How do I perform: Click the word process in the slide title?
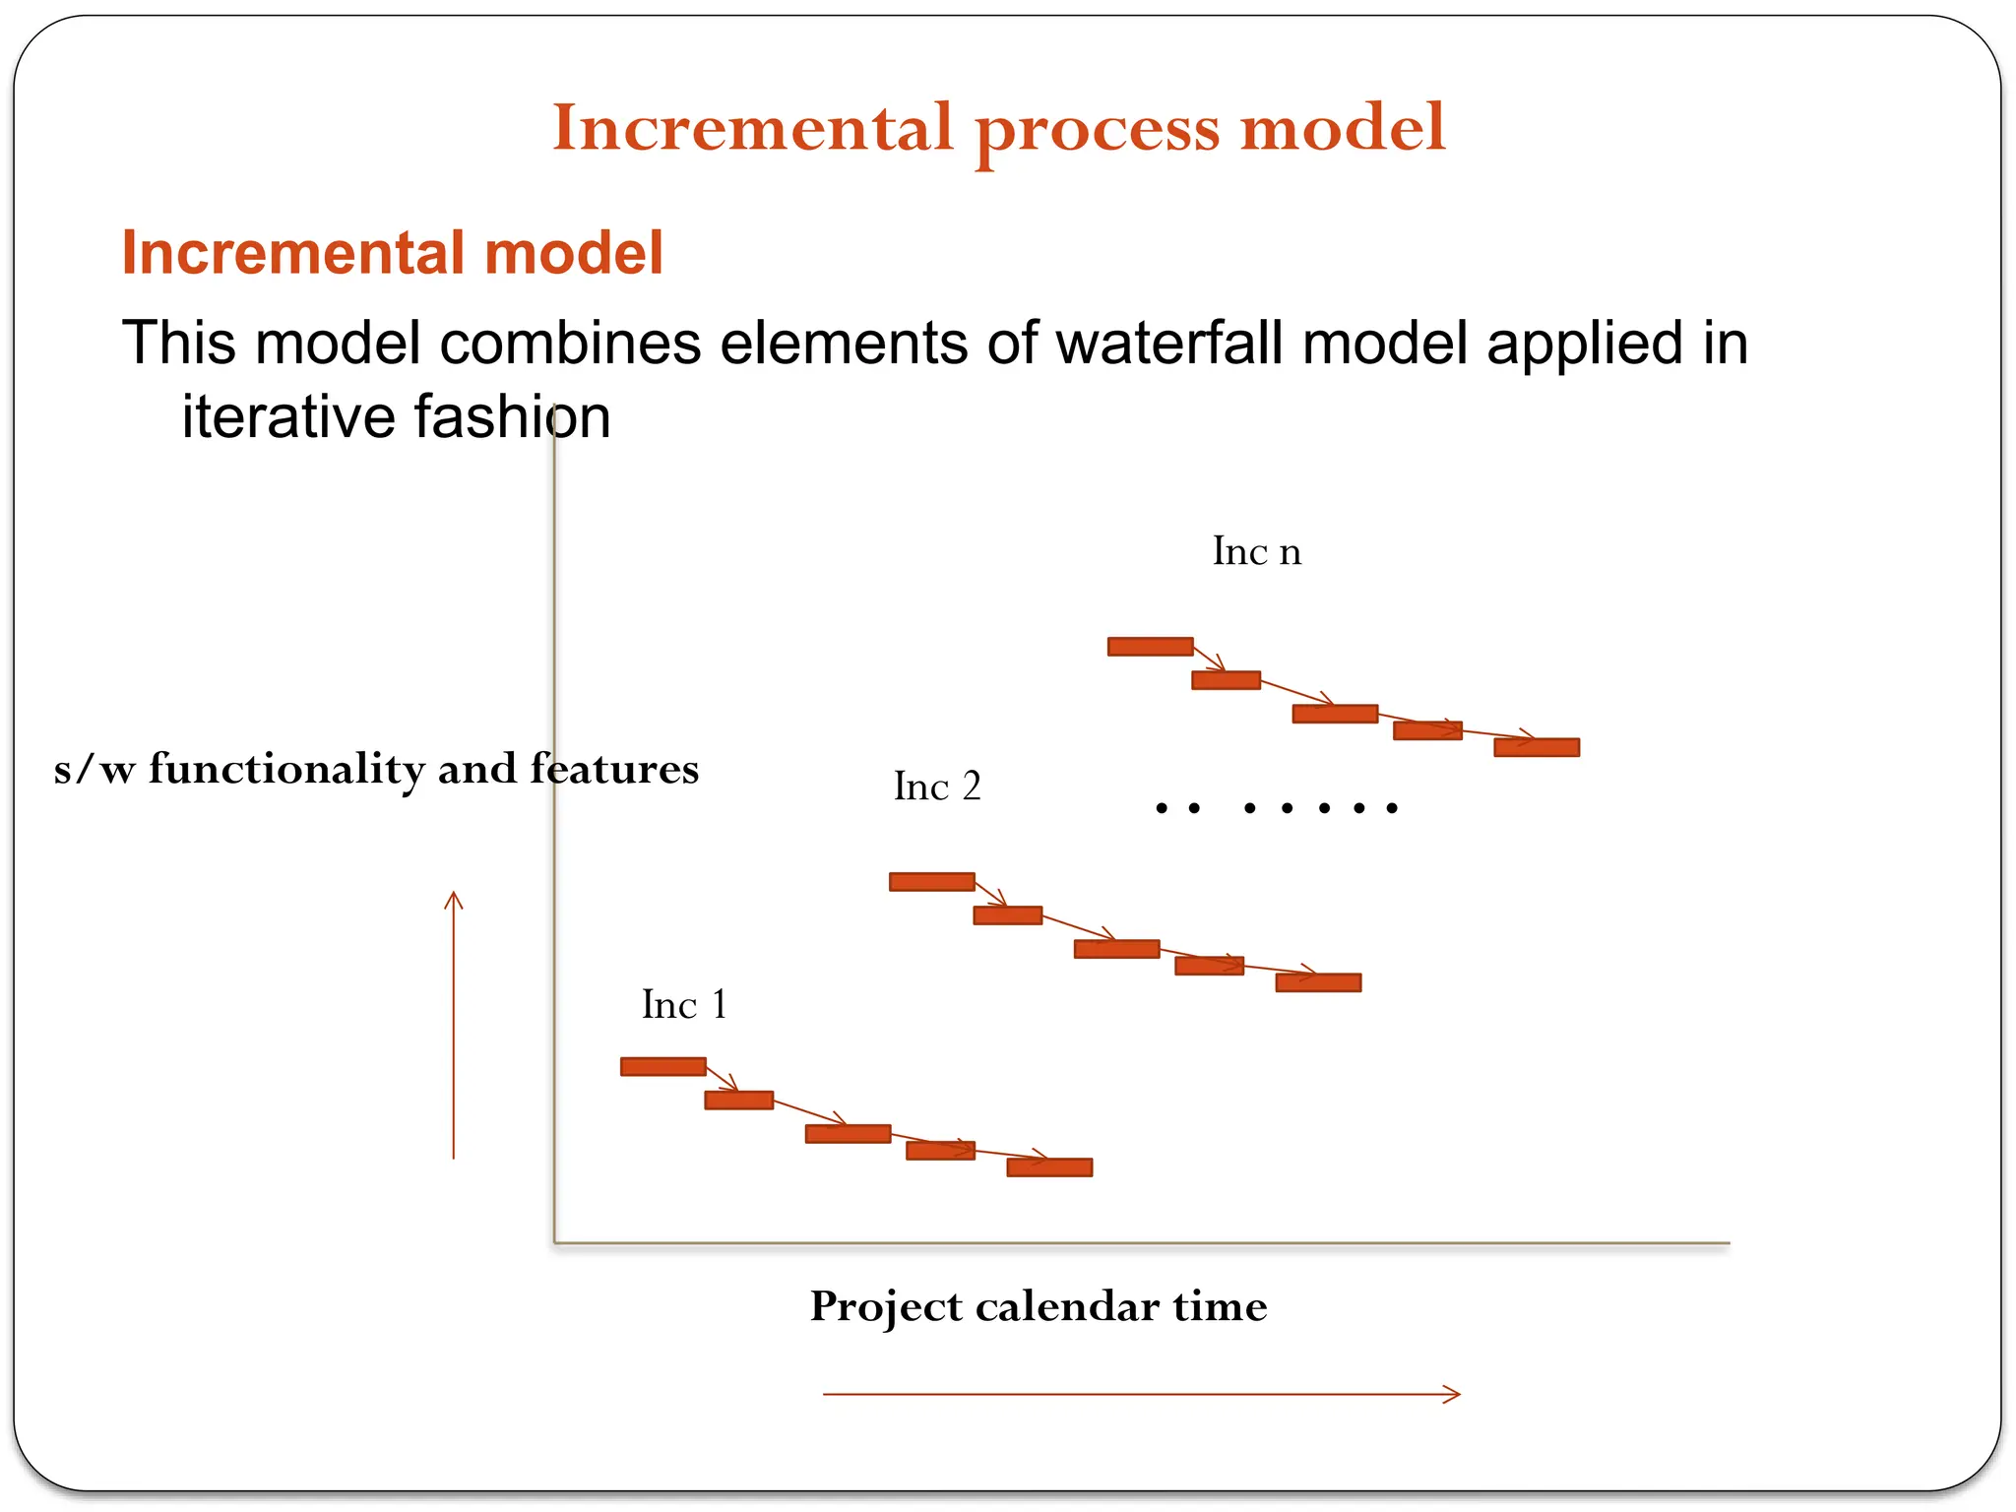1098,130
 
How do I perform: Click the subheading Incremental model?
392,253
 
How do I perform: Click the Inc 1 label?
684,1005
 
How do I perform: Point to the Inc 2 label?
936,787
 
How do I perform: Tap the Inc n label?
1256,551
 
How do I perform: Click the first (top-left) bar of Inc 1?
662,1067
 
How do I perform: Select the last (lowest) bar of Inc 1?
1049,1167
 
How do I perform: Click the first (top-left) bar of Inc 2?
931,882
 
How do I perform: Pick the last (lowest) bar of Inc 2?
1318,982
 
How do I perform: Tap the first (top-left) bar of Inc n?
1150,647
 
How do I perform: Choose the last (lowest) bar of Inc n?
1537,748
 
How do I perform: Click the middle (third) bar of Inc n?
1335,714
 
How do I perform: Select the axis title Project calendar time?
1039,1307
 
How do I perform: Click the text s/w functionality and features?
376,769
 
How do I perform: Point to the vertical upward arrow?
454,1024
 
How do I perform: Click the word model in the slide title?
1343,128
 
